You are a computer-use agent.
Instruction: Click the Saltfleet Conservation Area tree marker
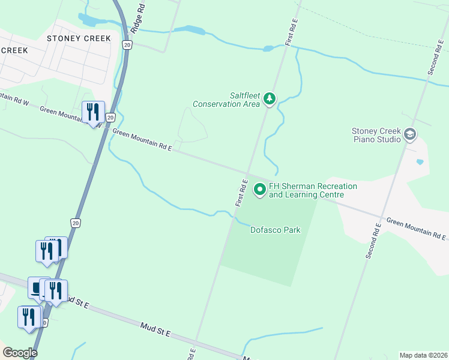[x=270, y=98]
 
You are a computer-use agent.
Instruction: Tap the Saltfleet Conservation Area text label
[x=226, y=100]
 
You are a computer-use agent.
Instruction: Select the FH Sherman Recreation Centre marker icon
[x=260, y=190]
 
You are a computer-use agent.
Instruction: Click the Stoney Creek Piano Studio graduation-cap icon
[x=411, y=135]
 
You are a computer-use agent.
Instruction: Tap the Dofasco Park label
[x=275, y=230]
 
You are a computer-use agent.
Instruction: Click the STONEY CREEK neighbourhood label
[x=79, y=38]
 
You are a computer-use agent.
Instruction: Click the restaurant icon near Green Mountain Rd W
[x=93, y=112]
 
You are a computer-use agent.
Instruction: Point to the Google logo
[x=20, y=353]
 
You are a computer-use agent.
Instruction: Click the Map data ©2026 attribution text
[x=423, y=355]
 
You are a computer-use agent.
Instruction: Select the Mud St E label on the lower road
[x=155, y=329]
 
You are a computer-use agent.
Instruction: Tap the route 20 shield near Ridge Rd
[x=126, y=45]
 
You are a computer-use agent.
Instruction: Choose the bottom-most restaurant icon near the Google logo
[x=29, y=317]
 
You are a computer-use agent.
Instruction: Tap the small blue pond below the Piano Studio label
[x=419, y=162]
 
